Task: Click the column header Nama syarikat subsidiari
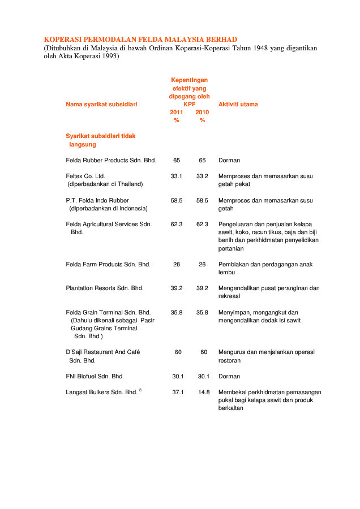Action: (x=101, y=104)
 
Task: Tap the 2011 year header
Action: (x=177, y=112)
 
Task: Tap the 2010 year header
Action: (x=202, y=112)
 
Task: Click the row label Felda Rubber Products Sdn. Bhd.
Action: (x=111, y=160)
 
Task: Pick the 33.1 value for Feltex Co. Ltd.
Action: (x=177, y=176)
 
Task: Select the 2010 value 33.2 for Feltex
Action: (x=202, y=176)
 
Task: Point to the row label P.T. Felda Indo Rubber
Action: (x=97, y=200)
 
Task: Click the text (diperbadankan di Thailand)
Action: (x=105, y=184)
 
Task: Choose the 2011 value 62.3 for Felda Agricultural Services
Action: (x=177, y=224)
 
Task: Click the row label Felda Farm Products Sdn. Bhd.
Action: (x=108, y=264)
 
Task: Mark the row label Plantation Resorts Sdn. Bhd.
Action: (x=105, y=288)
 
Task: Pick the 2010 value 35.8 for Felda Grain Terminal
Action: (x=202, y=312)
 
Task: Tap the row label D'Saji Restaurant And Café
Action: (x=103, y=352)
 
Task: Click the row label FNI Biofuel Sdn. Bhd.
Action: (x=95, y=376)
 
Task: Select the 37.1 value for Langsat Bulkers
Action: (x=178, y=392)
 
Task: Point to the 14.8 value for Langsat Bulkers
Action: (x=204, y=392)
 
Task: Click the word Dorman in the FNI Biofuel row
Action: (x=229, y=376)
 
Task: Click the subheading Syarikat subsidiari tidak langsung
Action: (x=100, y=140)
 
